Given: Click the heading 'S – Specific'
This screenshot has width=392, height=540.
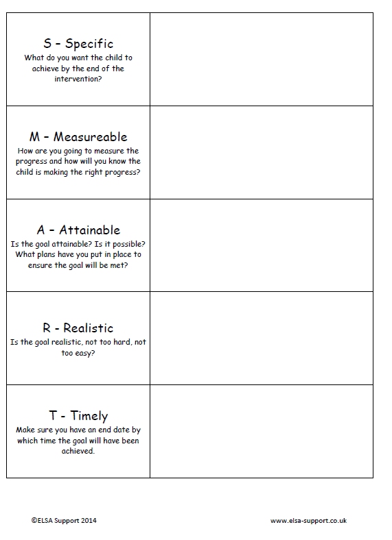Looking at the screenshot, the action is click(x=78, y=45).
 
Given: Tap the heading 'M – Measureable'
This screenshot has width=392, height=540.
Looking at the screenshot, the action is click(x=78, y=137).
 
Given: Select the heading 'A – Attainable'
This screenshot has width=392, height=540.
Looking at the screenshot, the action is click(x=78, y=230).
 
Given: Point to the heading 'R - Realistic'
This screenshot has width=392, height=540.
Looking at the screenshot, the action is click(x=78, y=328).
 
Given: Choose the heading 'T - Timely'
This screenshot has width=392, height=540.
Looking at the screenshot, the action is click(x=78, y=416).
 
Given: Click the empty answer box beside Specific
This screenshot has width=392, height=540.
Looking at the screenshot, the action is click(x=262, y=60).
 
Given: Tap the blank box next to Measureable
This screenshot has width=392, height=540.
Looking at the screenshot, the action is click(x=262, y=153).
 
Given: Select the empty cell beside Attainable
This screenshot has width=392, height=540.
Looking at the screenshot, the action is click(x=262, y=245).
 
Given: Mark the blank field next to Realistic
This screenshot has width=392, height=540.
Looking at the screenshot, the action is click(x=262, y=339).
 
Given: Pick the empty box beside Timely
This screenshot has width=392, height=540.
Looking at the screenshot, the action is click(x=262, y=431).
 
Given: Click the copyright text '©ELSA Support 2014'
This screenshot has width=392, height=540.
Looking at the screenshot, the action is click(x=64, y=521).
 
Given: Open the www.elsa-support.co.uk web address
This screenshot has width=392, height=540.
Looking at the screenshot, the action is click(x=308, y=521).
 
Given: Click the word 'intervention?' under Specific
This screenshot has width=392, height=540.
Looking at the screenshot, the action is click(x=78, y=79).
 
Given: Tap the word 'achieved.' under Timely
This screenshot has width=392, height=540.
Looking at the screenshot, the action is click(x=78, y=452).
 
